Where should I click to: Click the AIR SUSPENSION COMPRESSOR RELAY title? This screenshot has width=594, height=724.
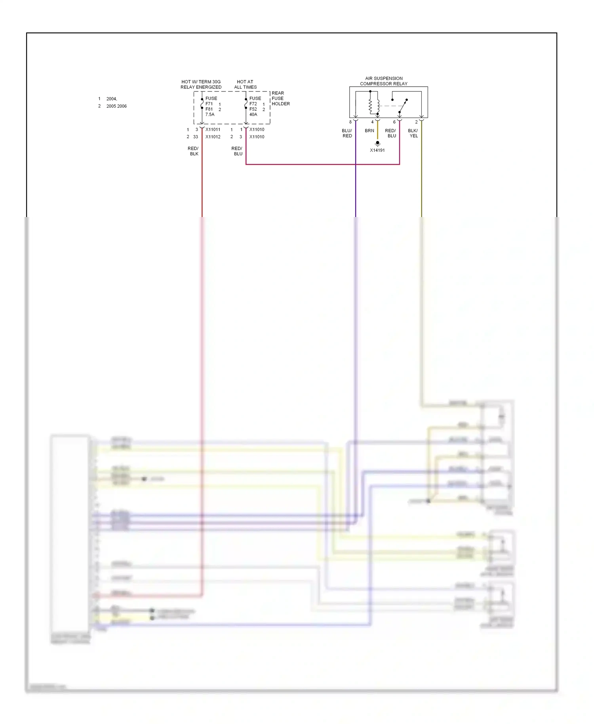click(x=383, y=81)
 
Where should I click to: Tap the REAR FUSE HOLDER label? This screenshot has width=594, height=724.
click(x=280, y=99)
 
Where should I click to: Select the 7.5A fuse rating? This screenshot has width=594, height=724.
click(x=210, y=114)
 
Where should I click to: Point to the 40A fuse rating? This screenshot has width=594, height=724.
click(x=253, y=114)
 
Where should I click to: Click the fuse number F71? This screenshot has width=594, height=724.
click(x=209, y=104)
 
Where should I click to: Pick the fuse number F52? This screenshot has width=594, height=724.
click(x=253, y=109)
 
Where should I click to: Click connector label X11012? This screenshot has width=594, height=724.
click(x=213, y=137)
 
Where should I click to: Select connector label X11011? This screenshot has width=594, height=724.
click(x=213, y=130)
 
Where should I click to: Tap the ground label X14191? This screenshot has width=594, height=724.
click(x=377, y=151)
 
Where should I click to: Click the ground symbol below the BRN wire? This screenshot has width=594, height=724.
click(x=377, y=143)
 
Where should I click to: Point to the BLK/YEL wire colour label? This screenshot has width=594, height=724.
click(x=413, y=133)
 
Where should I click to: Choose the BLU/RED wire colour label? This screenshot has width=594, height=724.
click(x=347, y=133)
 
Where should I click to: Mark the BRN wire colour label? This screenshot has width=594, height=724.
click(x=369, y=131)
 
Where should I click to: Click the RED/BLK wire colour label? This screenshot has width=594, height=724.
click(x=193, y=151)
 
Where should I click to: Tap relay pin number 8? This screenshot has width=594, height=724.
click(x=350, y=122)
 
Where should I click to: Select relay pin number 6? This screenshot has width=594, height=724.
click(x=394, y=122)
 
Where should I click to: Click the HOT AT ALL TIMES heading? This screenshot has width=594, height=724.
click(x=245, y=84)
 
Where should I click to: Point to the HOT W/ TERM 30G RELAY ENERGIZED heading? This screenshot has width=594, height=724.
click(x=201, y=84)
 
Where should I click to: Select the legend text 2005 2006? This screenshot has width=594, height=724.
click(x=116, y=106)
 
